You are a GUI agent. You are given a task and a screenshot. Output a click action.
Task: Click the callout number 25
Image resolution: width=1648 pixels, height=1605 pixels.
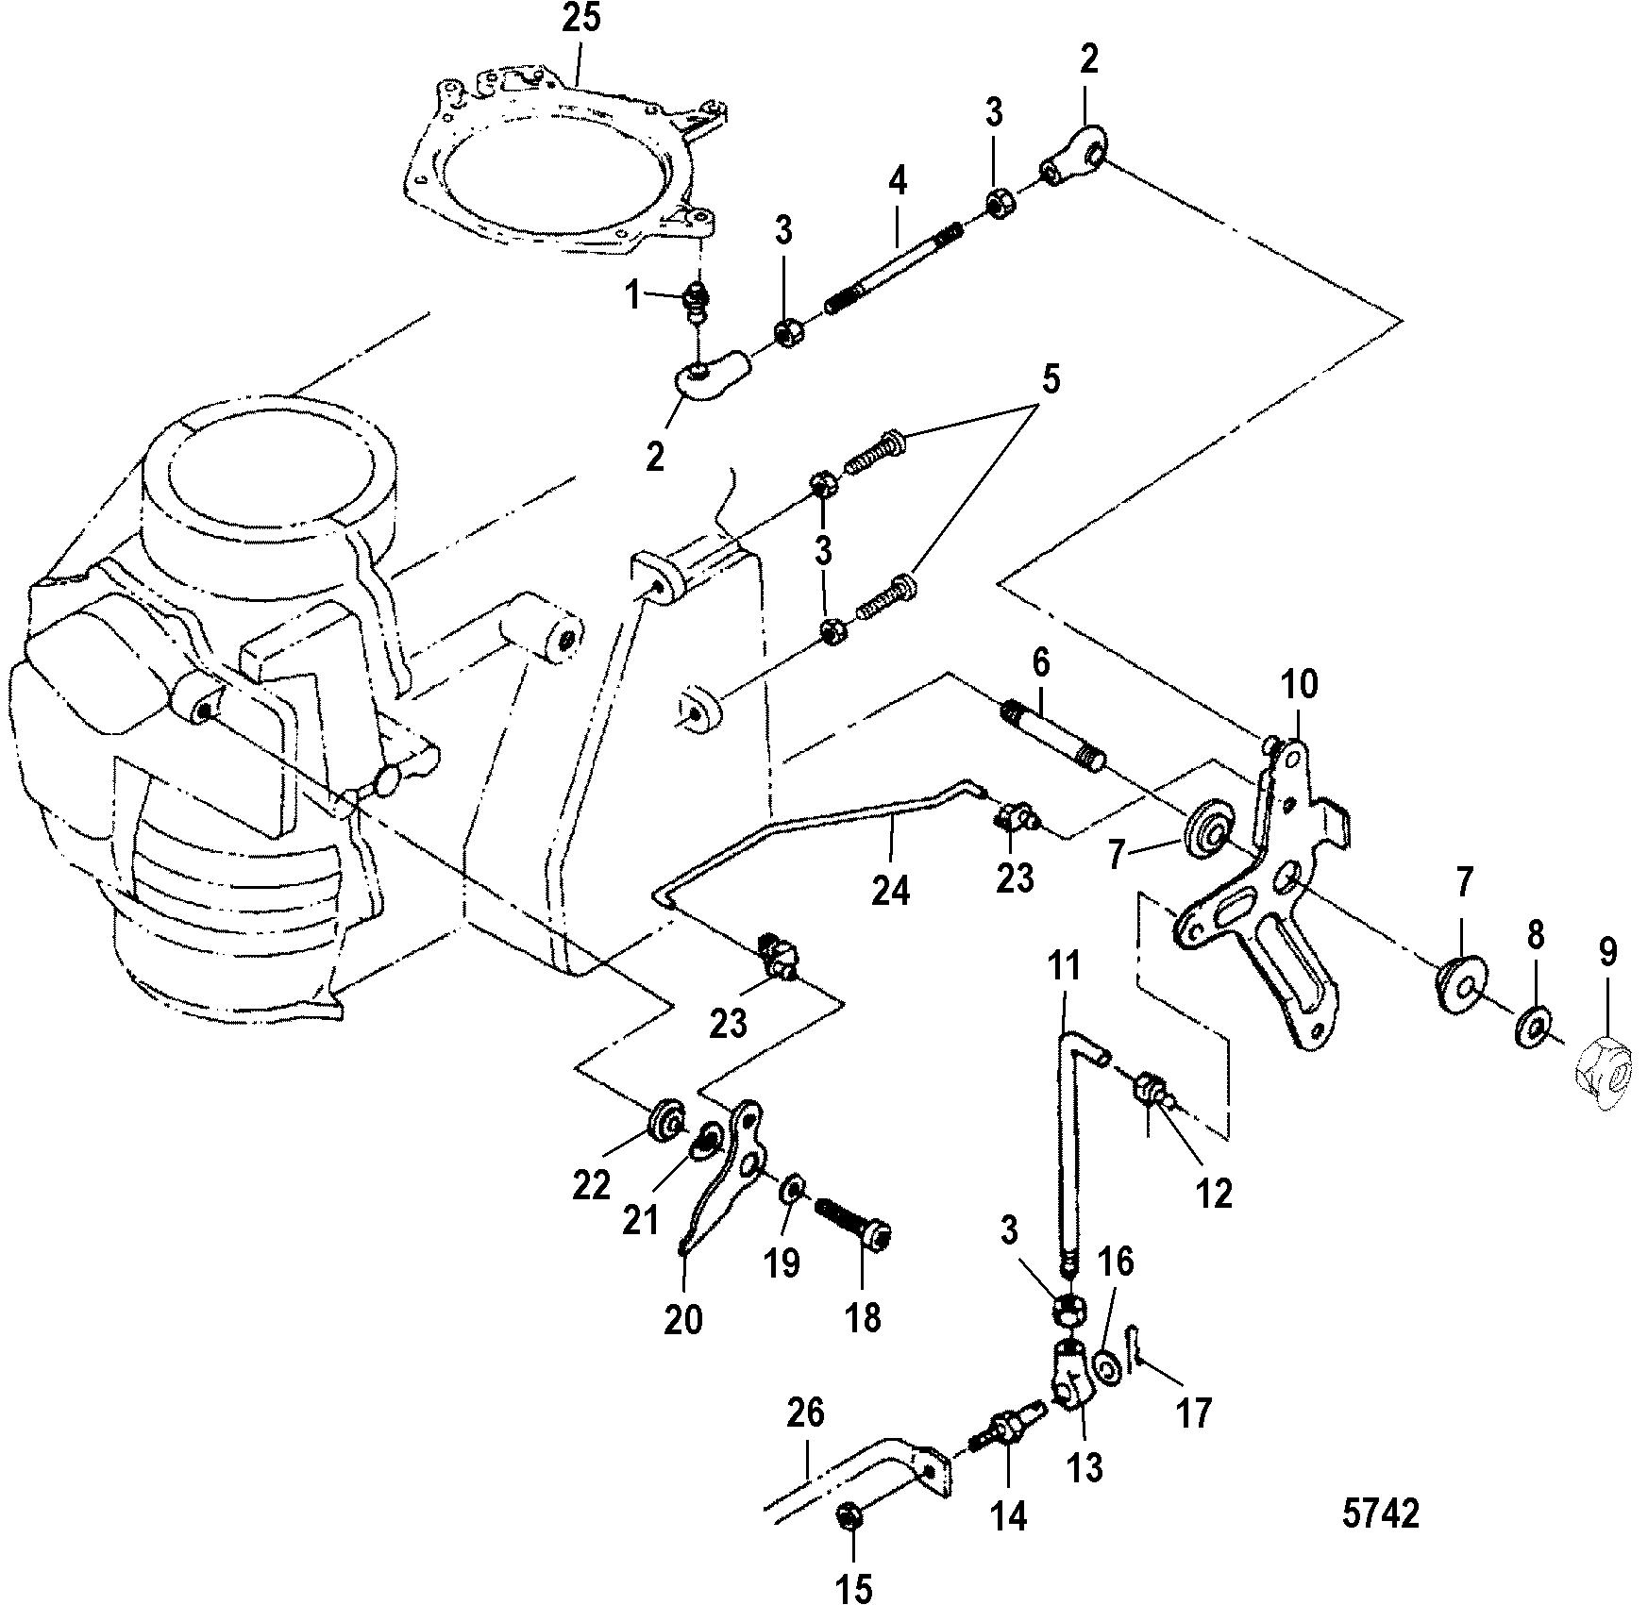[x=581, y=20]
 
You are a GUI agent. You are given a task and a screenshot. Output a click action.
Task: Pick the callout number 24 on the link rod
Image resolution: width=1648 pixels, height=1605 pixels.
[x=890, y=891]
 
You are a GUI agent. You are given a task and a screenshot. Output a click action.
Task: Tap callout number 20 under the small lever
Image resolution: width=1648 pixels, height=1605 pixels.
[x=683, y=1318]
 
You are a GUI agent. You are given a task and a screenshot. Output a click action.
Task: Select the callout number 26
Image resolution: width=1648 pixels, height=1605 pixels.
[x=804, y=1413]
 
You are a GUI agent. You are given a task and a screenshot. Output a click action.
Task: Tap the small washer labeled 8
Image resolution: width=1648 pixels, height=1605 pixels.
[x=1534, y=1026]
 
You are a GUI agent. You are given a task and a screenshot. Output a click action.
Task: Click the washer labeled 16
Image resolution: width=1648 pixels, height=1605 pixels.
[x=1108, y=1368]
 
